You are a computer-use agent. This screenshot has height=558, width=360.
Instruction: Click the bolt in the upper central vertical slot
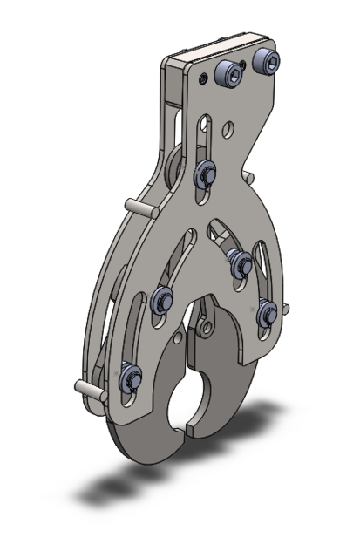coord(206,173)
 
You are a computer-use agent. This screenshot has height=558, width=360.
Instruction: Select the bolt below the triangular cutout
coord(236,258)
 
